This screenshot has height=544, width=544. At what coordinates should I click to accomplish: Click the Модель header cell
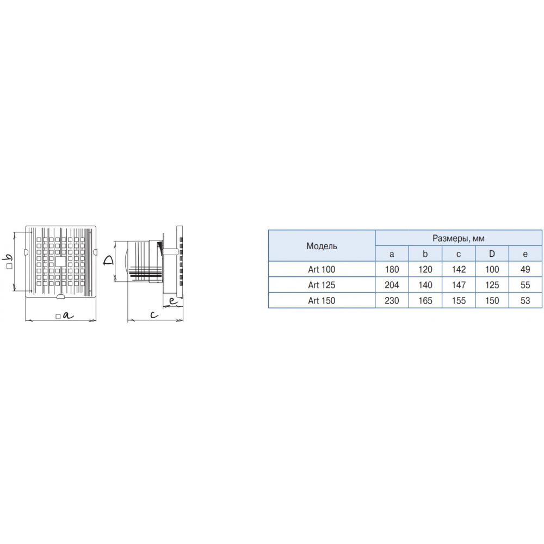tap(322, 246)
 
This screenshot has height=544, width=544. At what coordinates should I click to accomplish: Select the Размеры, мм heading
tap(458, 238)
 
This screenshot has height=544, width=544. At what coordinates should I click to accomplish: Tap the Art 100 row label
tap(322, 269)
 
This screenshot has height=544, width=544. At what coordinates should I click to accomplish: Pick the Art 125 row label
tap(322, 285)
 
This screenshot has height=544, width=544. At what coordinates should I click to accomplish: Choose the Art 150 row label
tap(322, 300)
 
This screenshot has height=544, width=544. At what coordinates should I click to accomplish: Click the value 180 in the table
tap(392, 269)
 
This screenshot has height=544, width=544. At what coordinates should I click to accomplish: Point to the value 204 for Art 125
tap(392, 285)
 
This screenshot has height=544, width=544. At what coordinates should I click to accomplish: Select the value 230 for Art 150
tap(392, 300)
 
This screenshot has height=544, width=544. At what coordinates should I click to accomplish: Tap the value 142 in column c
tap(459, 269)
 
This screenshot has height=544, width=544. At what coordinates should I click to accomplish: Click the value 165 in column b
tap(425, 300)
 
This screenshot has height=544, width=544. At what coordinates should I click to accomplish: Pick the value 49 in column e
tap(526, 269)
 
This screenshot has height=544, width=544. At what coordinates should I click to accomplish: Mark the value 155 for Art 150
tap(459, 300)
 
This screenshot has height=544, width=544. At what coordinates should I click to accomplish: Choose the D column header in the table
tap(492, 254)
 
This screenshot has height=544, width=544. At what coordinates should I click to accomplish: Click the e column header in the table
tap(526, 254)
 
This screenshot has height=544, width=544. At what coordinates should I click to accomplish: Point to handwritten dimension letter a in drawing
tap(69, 316)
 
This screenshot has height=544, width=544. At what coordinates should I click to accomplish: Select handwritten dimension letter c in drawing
tap(154, 314)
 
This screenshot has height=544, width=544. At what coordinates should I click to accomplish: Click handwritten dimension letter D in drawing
tap(108, 261)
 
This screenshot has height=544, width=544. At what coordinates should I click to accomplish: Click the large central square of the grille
tap(60, 261)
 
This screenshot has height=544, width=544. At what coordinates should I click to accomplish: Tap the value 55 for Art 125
tap(526, 285)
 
